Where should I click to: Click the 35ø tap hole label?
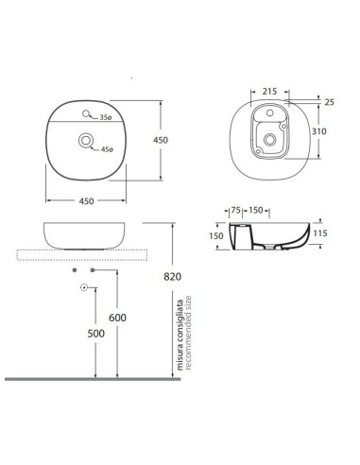click(x=106, y=117)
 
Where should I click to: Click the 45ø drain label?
click(x=107, y=149)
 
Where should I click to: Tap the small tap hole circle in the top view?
click(x=86, y=113)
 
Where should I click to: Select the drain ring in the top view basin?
click(x=86, y=141)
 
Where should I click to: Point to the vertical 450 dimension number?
click(x=161, y=140)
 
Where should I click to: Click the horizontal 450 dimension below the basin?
click(x=86, y=201)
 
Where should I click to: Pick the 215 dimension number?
click(x=270, y=92)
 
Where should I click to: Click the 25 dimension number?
click(x=329, y=102)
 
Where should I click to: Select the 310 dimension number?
click(x=319, y=131)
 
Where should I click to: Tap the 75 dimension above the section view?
click(x=236, y=210)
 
